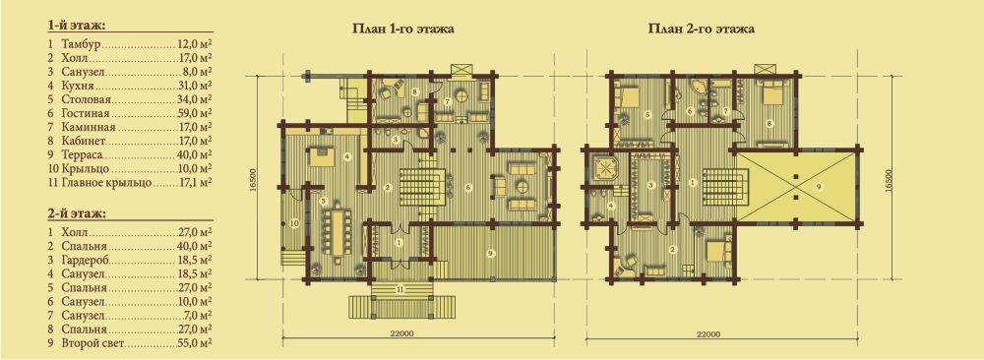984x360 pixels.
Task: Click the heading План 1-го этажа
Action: (402, 29)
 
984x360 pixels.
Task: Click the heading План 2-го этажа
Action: (701, 29)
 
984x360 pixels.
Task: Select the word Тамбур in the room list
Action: (82, 45)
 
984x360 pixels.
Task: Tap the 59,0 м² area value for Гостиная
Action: (194, 113)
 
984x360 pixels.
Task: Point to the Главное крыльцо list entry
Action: (106, 183)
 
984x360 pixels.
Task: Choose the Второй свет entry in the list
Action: (94, 343)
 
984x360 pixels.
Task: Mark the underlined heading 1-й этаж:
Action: (75, 26)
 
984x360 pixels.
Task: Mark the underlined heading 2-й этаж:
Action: (75, 213)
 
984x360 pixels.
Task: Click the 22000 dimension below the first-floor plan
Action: (418, 334)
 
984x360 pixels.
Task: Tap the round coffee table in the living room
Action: (523, 186)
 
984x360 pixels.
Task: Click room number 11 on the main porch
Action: (400, 290)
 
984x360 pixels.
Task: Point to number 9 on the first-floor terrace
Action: (490, 253)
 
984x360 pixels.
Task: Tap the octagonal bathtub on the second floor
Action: (605, 167)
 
